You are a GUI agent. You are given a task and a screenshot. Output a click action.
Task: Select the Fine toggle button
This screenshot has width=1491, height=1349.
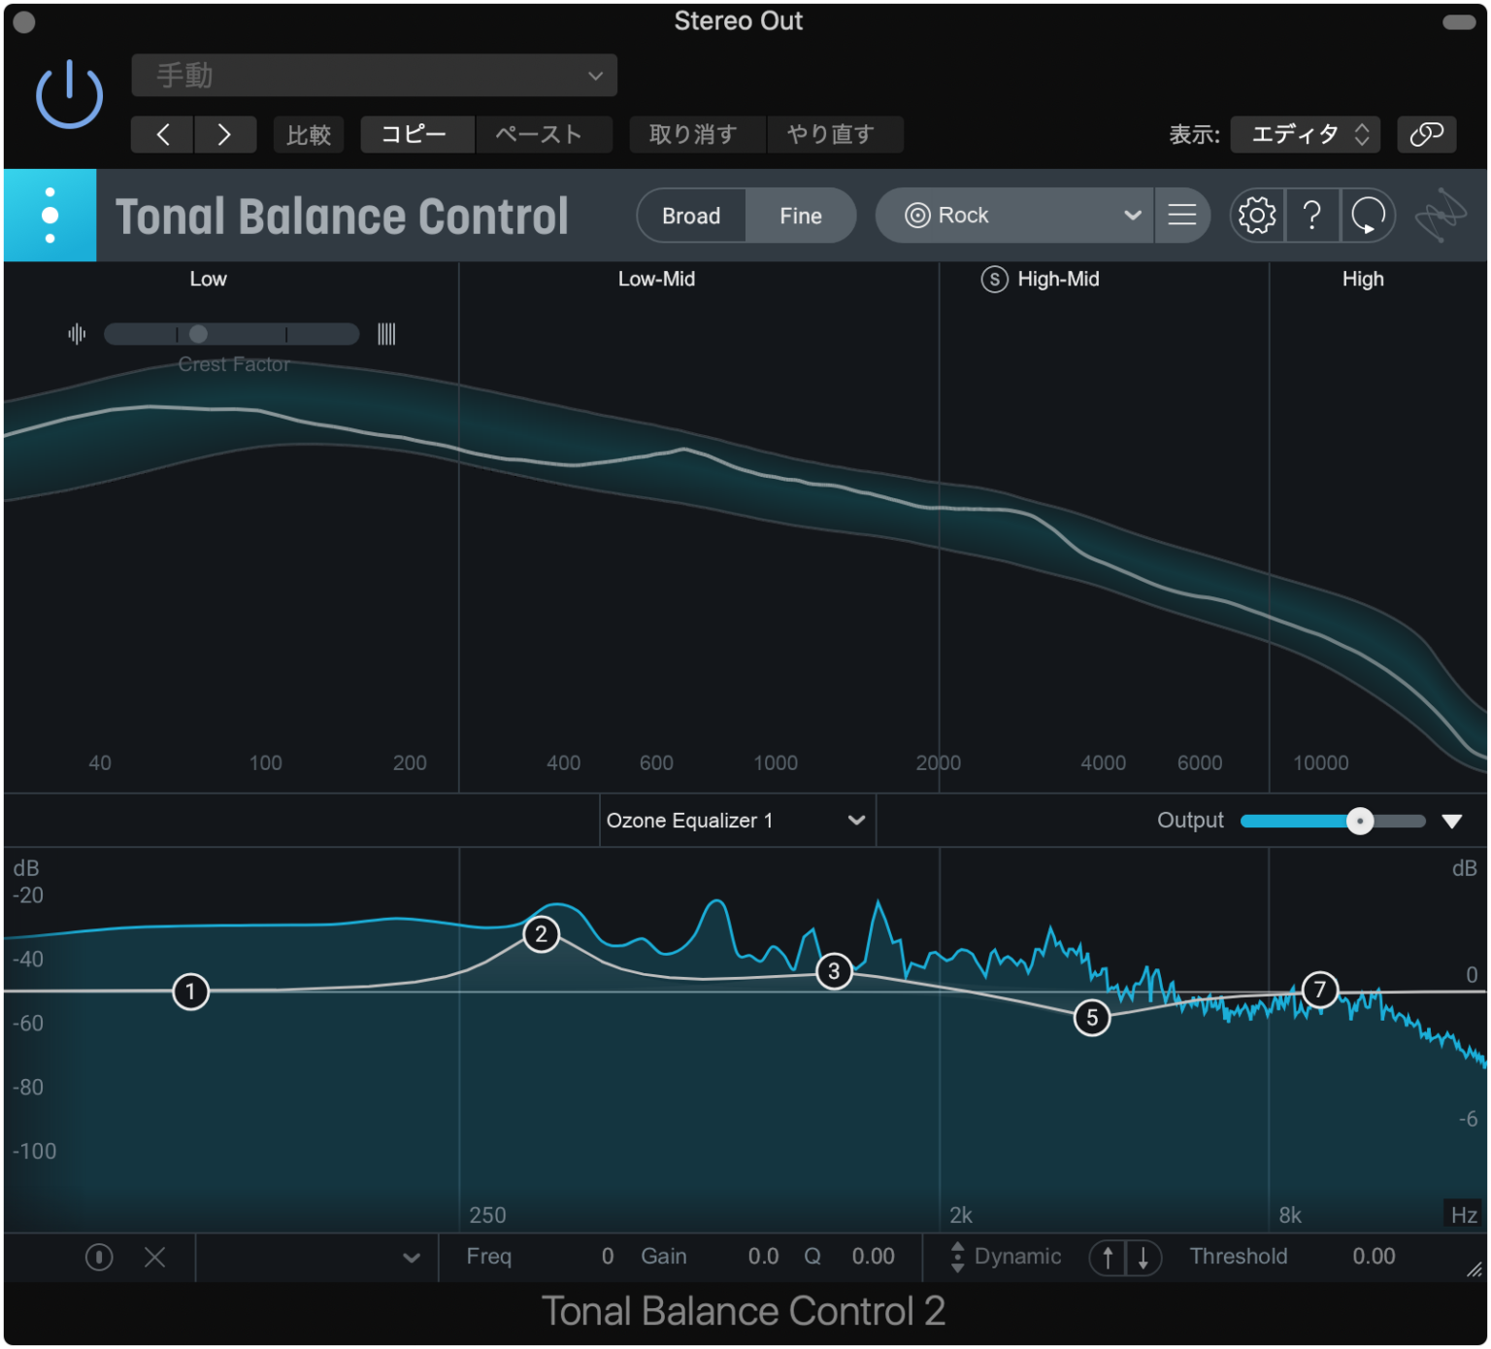800,216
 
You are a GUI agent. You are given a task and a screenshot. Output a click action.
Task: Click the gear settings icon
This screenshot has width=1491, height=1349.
1256,216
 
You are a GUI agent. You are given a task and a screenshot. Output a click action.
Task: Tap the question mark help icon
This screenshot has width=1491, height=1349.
1311,216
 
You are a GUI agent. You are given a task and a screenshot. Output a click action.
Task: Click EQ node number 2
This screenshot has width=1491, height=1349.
541,934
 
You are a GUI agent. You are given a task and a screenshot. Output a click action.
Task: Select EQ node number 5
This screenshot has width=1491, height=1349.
1092,1017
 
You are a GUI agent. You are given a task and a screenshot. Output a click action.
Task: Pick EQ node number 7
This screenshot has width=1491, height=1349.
1319,990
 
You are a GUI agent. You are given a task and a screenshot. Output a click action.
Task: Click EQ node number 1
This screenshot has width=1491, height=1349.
190,992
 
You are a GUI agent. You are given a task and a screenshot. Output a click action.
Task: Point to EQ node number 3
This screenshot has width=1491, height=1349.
834,971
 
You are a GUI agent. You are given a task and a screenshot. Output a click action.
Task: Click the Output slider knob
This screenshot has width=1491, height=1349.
1360,822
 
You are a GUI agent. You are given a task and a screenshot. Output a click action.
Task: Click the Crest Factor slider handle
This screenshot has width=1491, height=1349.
198,334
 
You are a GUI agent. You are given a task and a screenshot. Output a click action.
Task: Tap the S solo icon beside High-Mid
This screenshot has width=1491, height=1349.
994,280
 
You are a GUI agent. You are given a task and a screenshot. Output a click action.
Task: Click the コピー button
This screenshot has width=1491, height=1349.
414,134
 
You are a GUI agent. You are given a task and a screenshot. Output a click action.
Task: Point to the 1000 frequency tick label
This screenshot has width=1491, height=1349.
776,763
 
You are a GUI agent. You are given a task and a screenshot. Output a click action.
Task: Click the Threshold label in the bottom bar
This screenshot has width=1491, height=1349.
1238,1257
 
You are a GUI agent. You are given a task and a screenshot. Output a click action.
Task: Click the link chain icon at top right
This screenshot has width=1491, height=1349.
1426,134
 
